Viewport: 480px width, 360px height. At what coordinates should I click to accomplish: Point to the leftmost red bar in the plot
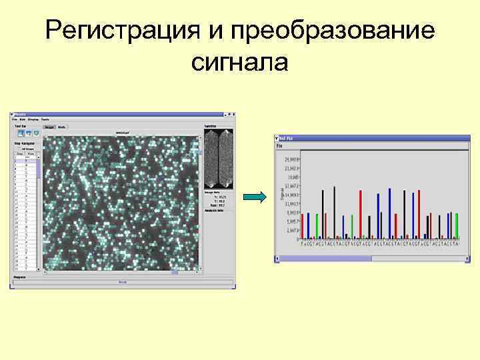coord(302,226)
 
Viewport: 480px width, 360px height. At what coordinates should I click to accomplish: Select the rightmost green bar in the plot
coord(457,225)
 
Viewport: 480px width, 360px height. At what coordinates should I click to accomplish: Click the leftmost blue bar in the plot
coord(308,225)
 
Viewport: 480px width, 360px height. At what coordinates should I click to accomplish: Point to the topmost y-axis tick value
coord(292,160)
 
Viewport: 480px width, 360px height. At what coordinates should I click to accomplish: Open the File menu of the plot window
coord(280,145)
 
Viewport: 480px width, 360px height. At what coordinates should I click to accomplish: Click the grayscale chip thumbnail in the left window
coord(219,159)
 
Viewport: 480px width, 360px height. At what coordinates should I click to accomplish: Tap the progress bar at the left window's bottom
coord(123,282)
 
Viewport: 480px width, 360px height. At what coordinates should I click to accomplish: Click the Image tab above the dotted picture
coord(49,126)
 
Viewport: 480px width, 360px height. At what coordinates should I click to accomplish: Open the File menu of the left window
coord(15,119)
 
